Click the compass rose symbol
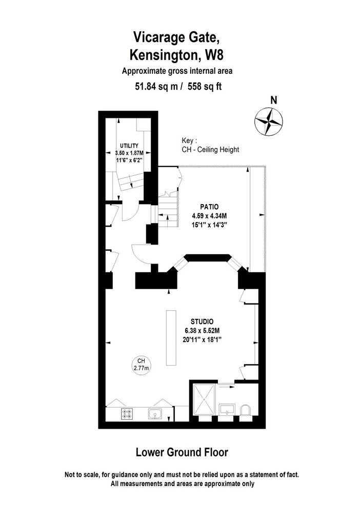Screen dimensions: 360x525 (x=269, y=122)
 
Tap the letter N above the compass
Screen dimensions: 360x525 (x=274, y=100)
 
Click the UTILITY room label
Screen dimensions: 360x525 (x=129, y=146)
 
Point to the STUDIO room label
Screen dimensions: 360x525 (x=202, y=322)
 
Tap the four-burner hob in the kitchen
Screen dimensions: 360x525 (x=127, y=414)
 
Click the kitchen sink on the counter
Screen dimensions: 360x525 (x=155, y=414)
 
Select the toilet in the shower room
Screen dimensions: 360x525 (x=246, y=411)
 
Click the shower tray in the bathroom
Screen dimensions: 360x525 (x=204, y=400)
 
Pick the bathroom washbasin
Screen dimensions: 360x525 (x=227, y=410)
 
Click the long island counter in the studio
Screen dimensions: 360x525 (x=171, y=337)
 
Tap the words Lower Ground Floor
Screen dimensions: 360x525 (x=182, y=452)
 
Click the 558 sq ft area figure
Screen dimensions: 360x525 (x=205, y=87)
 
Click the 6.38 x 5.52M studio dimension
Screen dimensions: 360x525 (x=202, y=331)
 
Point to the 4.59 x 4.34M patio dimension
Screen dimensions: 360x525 (x=209, y=216)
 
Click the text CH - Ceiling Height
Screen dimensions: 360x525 (x=210, y=150)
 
